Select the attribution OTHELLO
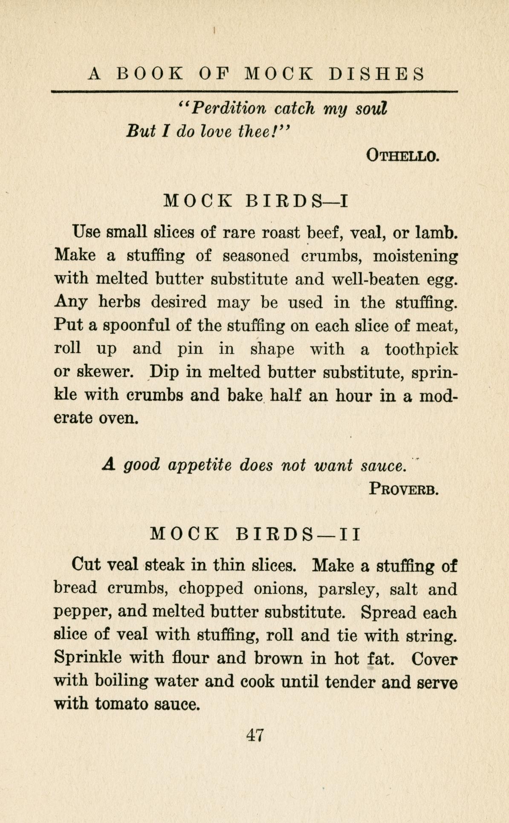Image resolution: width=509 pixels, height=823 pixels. (402, 156)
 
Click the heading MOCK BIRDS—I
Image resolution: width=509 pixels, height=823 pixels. (256, 200)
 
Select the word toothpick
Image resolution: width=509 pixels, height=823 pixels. (421, 349)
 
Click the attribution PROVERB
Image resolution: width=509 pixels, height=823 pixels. (404, 488)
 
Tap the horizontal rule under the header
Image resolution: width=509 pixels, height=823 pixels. (254, 91)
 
